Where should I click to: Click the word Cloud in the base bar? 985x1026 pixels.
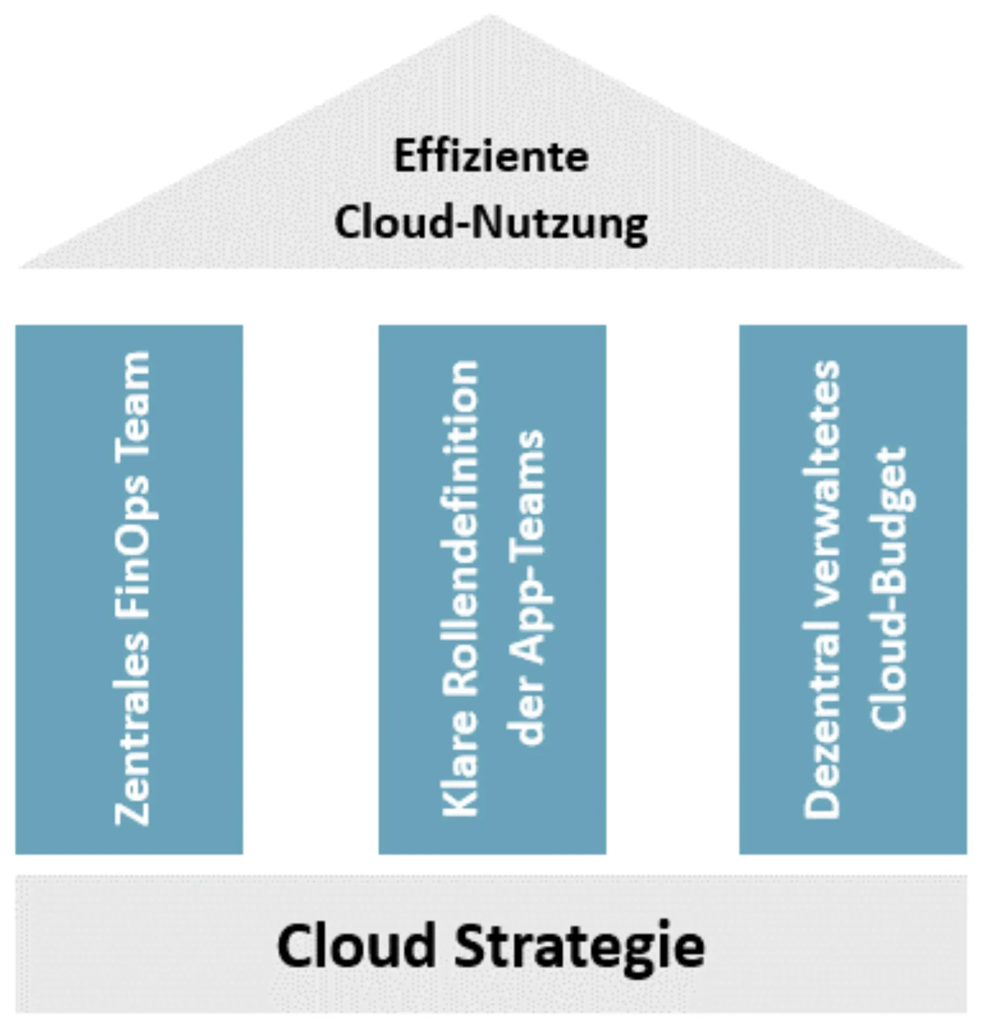[x=356, y=945]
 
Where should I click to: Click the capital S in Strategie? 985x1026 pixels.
[x=474, y=945]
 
